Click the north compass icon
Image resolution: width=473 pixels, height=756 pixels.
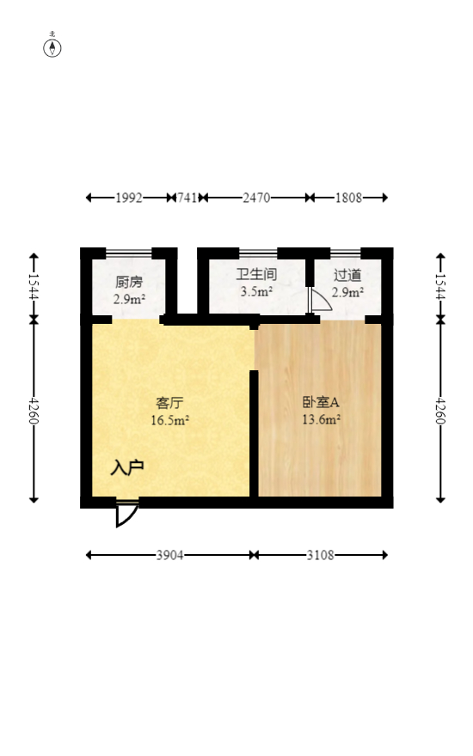[52, 47]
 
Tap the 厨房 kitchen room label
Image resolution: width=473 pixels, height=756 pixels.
[129, 281]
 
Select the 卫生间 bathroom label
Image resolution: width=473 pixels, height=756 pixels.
[256, 275]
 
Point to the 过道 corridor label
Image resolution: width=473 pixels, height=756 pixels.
[347, 276]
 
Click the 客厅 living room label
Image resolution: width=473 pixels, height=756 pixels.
[169, 402]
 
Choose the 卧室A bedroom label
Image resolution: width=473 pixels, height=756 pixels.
[321, 402]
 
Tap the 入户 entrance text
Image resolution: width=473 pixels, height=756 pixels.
[126, 468]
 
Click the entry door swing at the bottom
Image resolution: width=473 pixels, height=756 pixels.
[126, 513]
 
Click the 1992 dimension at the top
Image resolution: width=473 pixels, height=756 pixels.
[128, 198]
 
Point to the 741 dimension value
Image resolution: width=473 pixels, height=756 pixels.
[187, 198]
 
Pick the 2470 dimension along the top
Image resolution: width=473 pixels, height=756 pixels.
[256, 198]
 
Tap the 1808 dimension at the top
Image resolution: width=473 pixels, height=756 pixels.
[347, 198]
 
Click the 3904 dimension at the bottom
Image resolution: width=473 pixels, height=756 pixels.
[169, 555]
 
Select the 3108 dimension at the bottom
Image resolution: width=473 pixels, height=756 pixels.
[321, 555]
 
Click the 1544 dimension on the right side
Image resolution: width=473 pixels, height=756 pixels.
[440, 285]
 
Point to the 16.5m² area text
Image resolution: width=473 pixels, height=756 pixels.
[169, 420]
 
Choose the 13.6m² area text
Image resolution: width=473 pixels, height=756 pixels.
[321, 420]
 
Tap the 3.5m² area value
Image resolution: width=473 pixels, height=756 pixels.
[256, 292]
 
